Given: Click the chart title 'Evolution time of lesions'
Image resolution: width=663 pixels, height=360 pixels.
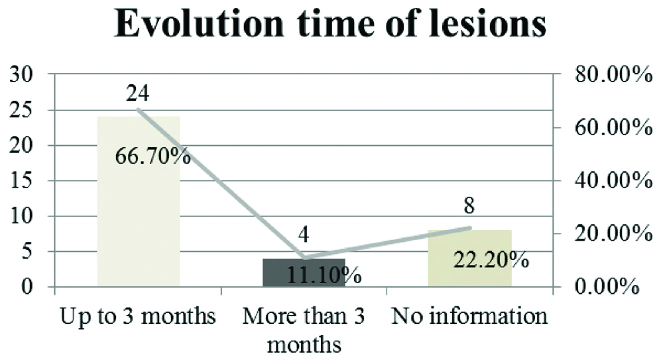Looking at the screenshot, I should (x=331, y=26).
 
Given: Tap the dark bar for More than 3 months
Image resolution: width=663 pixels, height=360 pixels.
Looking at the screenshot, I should (x=304, y=272).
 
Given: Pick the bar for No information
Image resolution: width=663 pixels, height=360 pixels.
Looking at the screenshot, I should (x=470, y=259).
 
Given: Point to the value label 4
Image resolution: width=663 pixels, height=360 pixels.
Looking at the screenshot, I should (x=304, y=235).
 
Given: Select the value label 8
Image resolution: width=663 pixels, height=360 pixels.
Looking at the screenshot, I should (x=470, y=206).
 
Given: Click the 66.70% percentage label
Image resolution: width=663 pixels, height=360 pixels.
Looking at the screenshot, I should (x=153, y=158).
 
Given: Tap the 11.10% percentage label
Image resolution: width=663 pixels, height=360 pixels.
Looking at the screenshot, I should (x=324, y=274).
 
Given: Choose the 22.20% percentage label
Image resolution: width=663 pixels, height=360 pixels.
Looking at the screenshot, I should (x=491, y=259).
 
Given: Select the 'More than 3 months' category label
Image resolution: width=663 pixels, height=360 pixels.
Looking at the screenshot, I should (x=304, y=330).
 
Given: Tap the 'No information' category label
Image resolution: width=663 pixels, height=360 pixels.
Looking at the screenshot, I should (x=470, y=316).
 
